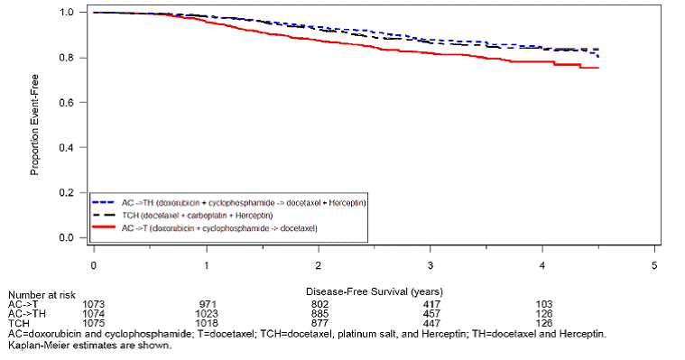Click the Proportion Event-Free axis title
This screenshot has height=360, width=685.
(x=35, y=125)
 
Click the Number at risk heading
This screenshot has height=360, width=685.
(x=41, y=294)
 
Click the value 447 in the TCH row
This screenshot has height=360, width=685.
(x=431, y=322)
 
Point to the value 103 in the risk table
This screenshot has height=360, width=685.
(x=543, y=304)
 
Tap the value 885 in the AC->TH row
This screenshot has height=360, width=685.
(x=319, y=313)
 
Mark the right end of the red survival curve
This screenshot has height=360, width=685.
(x=597, y=68)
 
